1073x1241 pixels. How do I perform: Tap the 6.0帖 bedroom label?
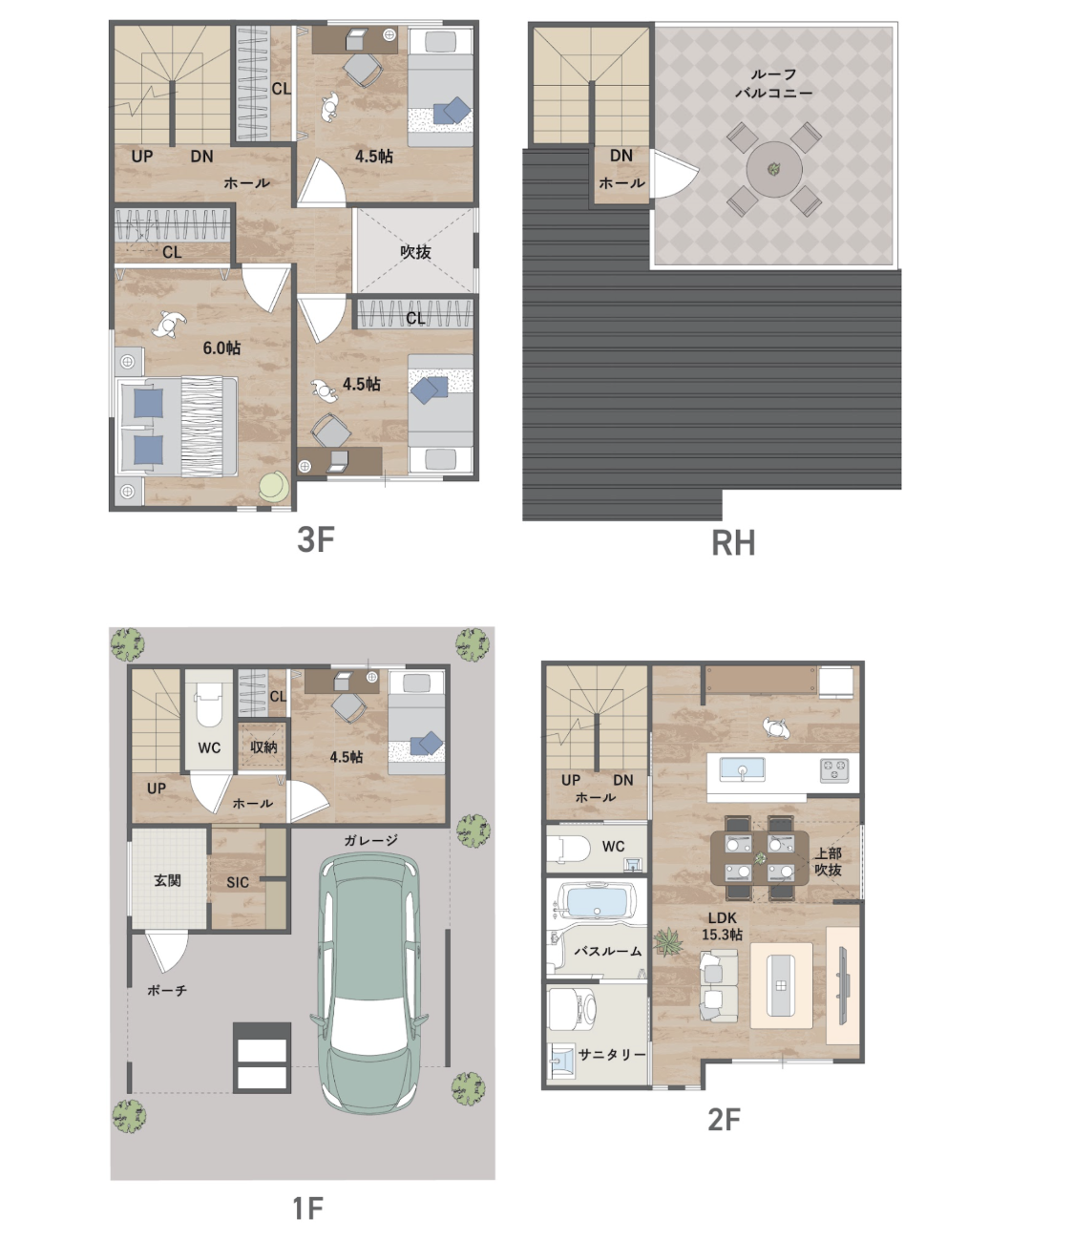[x=221, y=347]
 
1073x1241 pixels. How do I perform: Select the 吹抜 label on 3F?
[x=415, y=252]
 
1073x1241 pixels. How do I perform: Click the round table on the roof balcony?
[x=774, y=169]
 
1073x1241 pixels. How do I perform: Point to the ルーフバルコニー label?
[x=774, y=83]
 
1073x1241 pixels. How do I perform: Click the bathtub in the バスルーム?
[x=597, y=901]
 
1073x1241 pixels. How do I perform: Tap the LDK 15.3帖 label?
[x=723, y=926]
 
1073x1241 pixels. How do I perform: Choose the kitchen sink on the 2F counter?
[x=742, y=769]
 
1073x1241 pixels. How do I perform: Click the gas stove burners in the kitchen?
[x=834, y=769]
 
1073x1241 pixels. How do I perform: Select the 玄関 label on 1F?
[x=167, y=881]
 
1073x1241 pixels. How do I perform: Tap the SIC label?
[x=238, y=883]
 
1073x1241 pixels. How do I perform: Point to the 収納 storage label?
[x=263, y=747]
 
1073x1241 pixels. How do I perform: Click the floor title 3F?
[x=315, y=539]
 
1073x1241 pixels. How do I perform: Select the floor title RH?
[x=733, y=543]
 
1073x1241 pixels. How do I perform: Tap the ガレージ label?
[x=371, y=840]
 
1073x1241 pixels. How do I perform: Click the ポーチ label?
[x=167, y=990]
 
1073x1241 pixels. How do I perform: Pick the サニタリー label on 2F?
[x=612, y=1055]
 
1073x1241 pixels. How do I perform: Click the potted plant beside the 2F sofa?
[x=668, y=941]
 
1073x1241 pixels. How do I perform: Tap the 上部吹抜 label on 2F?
[x=828, y=862]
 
